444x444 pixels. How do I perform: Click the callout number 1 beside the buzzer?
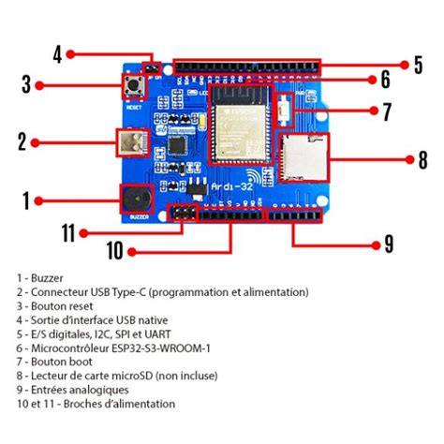click(x=26, y=200)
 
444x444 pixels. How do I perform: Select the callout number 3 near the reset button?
click(x=26, y=84)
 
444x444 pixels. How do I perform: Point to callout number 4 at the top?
click(x=56, y=54)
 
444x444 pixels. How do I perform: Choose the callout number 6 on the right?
click(x=384, y=81)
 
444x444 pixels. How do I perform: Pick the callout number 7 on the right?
click(x=385, y=112)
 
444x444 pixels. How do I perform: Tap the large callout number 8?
click(x=422, y=159)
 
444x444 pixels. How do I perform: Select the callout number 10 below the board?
click(x=114, y=250)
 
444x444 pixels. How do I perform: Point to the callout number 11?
click(x=67, y=230)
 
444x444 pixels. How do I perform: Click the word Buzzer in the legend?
click(x=42, y=278)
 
